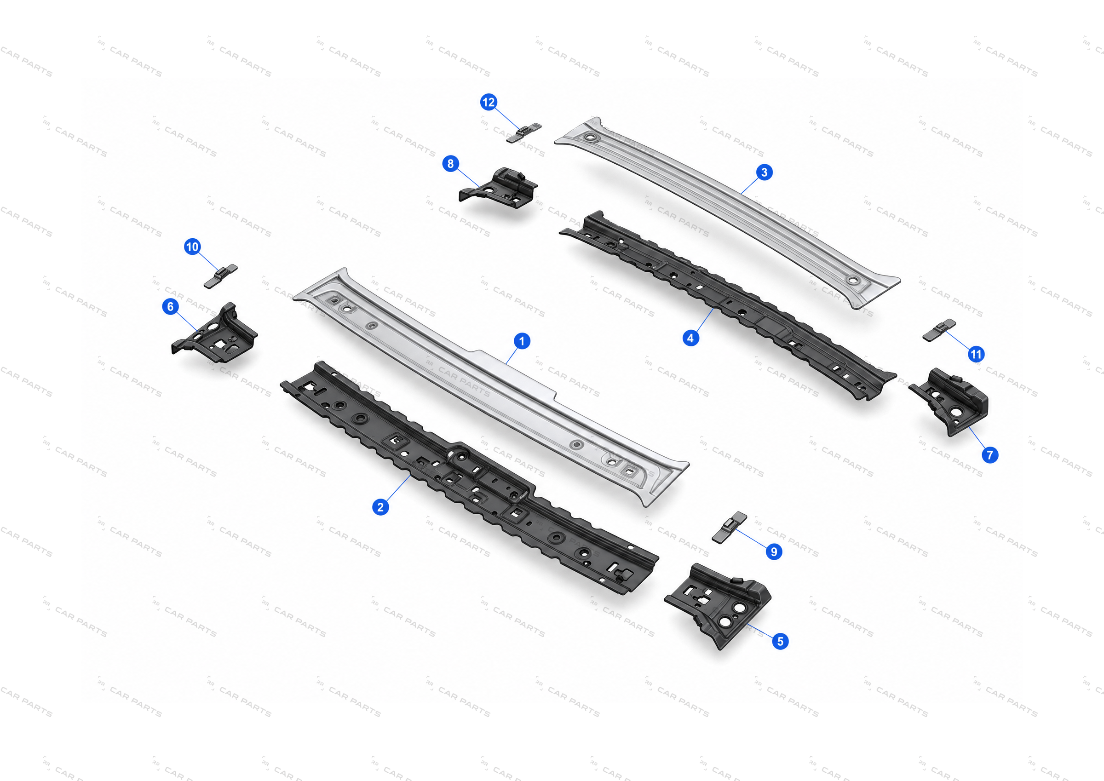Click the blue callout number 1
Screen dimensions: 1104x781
522,341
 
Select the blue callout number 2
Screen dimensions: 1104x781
380,507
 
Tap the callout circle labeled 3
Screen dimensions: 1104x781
764,172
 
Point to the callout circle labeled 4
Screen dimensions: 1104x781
690,338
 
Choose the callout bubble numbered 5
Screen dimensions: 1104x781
780,641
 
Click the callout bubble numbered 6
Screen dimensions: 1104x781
170,306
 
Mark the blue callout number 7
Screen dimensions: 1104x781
989,455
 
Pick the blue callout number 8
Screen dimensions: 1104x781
450,163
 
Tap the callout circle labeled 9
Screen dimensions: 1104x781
774,551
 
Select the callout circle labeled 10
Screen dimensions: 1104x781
192,247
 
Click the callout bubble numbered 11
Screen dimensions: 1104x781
976,355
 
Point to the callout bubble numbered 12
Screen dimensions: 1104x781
488,102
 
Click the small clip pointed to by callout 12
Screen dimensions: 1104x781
523,133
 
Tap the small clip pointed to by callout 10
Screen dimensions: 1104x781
220,276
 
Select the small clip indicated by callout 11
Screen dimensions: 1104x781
939,330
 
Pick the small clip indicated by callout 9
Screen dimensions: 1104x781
729,528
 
